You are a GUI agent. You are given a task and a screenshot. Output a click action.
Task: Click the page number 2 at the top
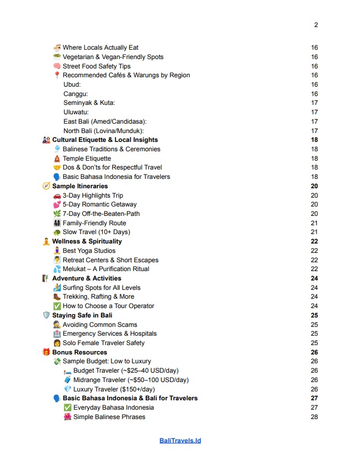(x=316, y=25)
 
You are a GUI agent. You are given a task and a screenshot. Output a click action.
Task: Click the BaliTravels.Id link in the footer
(x=180, y=441)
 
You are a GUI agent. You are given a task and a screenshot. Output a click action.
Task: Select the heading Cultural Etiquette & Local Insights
(x=105, y=140)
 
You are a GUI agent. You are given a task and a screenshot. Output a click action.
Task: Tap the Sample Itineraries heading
(x=80, y=186)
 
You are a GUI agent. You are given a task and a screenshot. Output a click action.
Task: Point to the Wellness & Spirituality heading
(x=87, y=241)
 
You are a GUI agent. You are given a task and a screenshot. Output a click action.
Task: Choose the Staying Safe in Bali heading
(x=82, y=315)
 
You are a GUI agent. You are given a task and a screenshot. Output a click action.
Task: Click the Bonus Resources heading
(x=80, y=352)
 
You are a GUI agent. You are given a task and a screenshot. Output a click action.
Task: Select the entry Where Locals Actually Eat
(x=100, y=47)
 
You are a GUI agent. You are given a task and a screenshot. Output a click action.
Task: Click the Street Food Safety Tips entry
(x=97, y=66)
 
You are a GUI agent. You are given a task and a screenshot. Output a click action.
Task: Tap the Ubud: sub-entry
(x=72, y=84)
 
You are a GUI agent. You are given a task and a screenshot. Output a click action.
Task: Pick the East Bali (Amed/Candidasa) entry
(x=105, y=121)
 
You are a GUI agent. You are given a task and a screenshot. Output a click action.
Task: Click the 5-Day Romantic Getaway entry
(x=99, y=204)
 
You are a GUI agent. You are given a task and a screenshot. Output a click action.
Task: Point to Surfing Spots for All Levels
(x=102, y=288)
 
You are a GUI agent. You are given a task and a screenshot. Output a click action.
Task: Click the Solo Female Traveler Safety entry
(x=104, y=343)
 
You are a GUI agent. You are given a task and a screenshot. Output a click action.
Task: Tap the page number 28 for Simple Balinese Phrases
(x=314, y=417)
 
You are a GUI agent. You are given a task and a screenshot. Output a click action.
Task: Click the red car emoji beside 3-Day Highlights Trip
(x=57, y=195)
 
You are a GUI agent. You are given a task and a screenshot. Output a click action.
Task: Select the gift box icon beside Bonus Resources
(x=46, y=352)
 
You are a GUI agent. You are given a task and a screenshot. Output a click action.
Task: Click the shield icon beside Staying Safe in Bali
(x=46, y=315)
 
